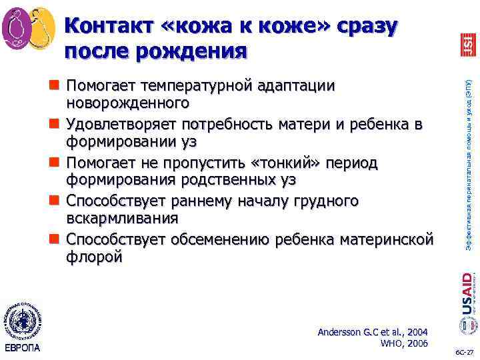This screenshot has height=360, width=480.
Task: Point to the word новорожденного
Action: tap(126, 104)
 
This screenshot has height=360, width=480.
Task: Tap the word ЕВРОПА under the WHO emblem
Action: tap(23, 347)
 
